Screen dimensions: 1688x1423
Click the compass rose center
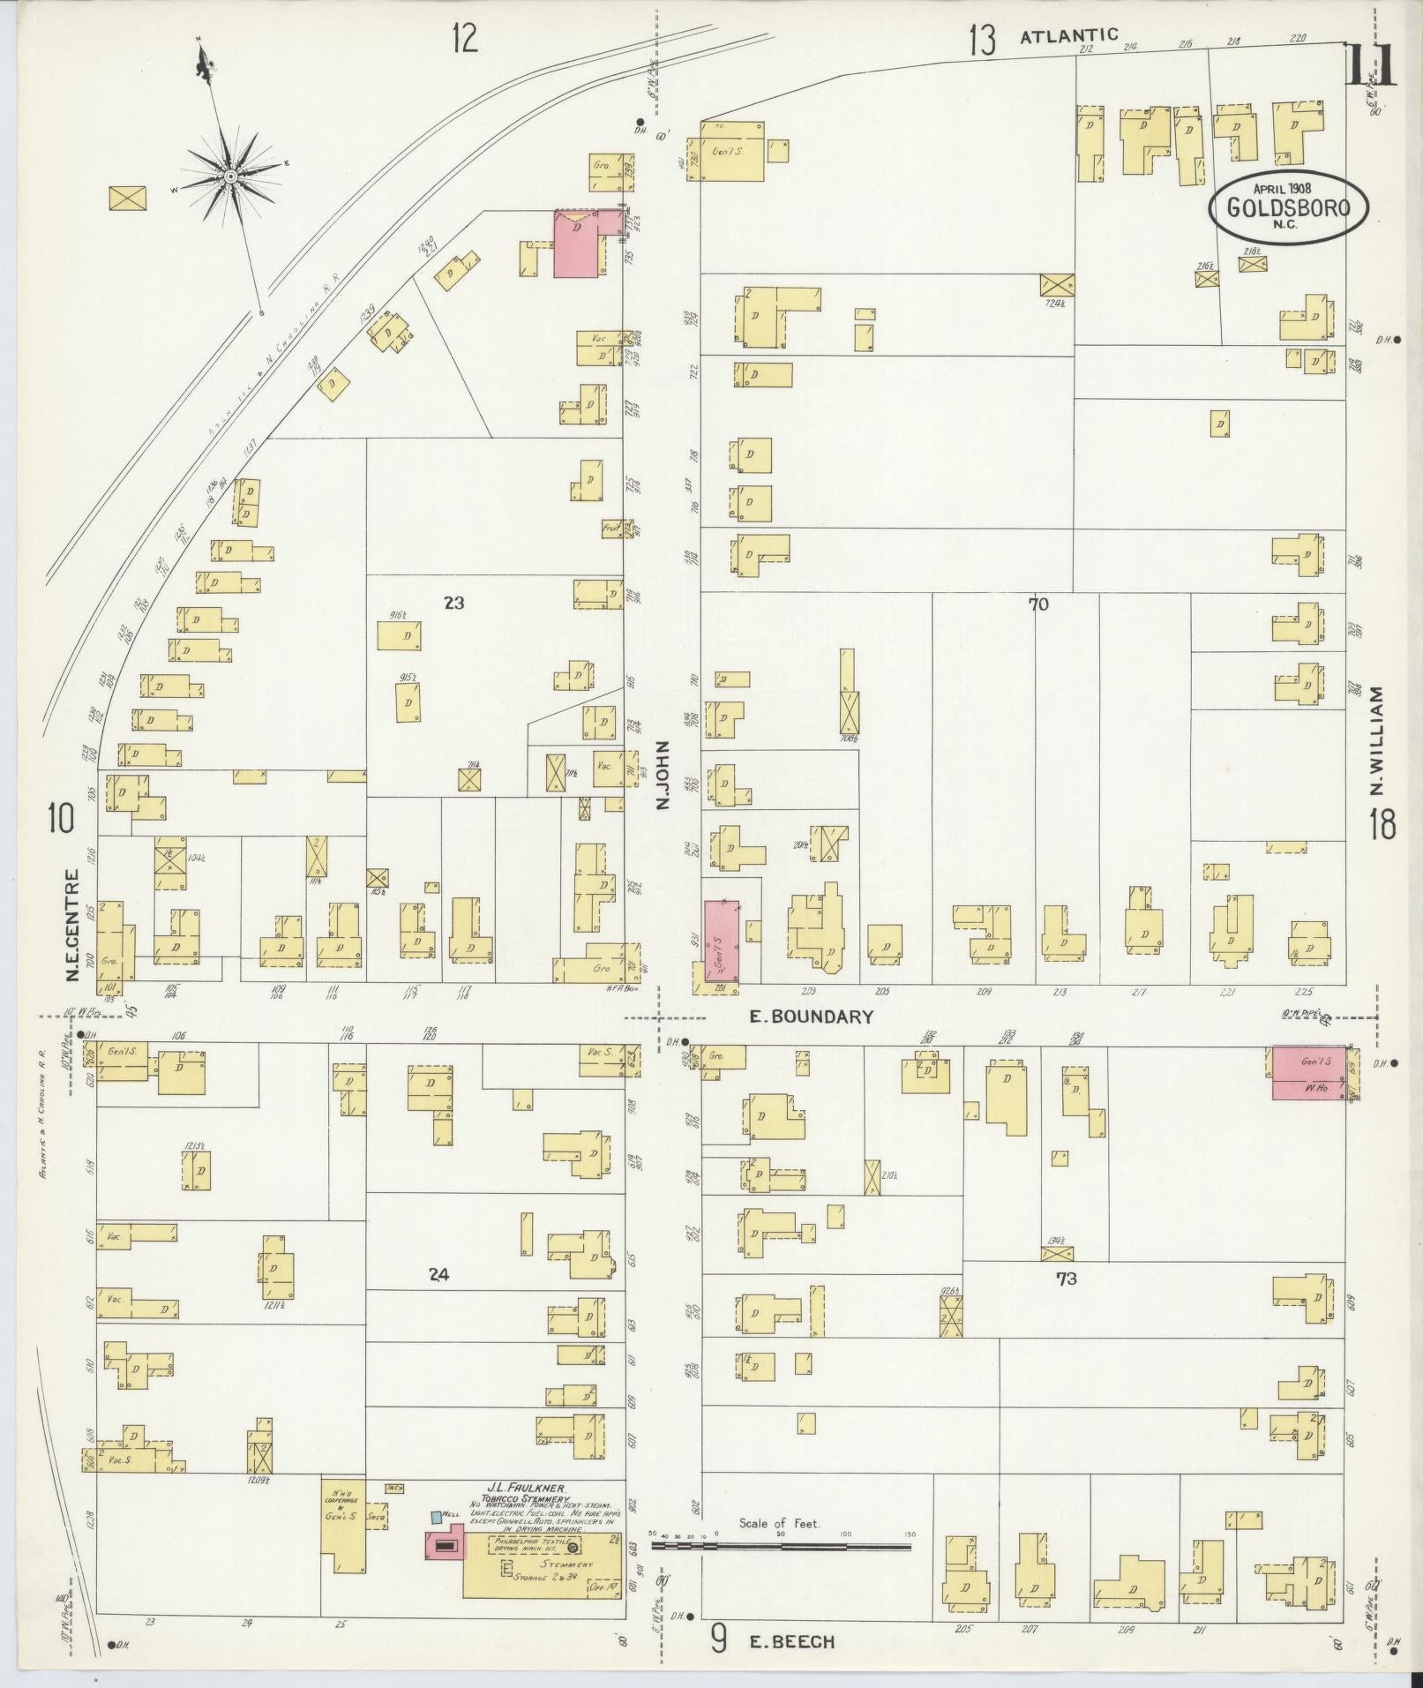pos(230,176)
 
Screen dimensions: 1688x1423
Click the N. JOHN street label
pos(663,776)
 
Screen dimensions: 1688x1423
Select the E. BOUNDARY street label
pos(811,1017)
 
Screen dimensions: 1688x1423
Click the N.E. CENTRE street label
pos(72,926)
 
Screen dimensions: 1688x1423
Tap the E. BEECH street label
pos(791,1642)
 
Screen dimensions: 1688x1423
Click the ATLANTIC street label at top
pos(1069,35)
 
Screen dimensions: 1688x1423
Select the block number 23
pos(453,604)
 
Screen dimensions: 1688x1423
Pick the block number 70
pos(1037,604)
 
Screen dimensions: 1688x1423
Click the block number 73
pos(1066,1278)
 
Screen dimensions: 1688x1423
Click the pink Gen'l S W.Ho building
pos(1308,1073)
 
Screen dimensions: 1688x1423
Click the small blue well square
pos(436,1517)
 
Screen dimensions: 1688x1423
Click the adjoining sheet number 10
pos(61,820)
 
